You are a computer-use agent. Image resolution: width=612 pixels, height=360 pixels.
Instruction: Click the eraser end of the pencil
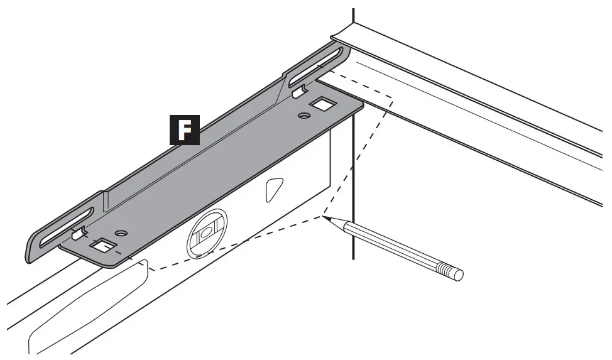point(459,275)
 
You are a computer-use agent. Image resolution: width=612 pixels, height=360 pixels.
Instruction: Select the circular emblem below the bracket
point(207,232)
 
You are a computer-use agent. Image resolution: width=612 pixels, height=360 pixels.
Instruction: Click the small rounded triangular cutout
point(274,189)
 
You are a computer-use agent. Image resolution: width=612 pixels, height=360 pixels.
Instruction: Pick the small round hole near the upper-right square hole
point(304,116)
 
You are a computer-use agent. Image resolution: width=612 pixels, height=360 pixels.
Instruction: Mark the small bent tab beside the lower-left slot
point(78,235)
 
